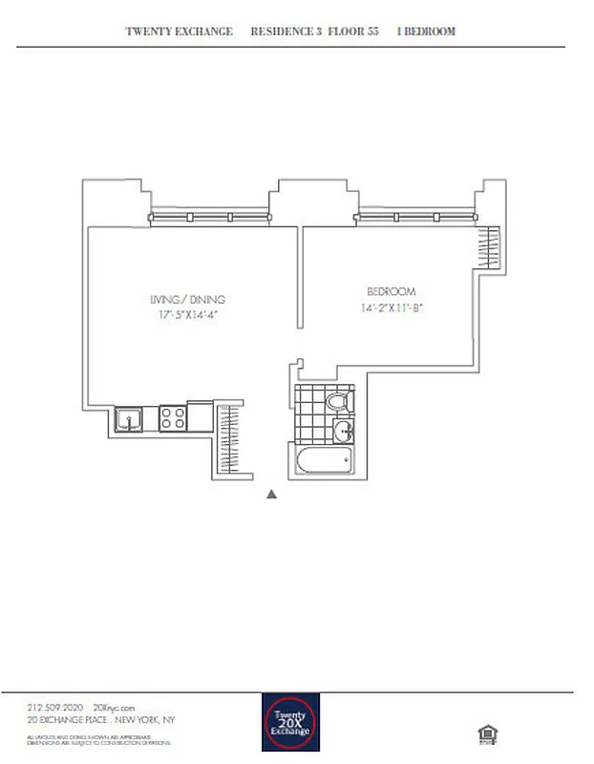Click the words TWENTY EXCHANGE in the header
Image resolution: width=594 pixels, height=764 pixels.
pyautogui.click(x=180, y=32)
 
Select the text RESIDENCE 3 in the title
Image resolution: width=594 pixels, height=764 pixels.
pyautogui.click(x=286, y=32)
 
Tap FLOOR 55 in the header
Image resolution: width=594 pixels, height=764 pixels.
pyautogui.click(x=353, y=32)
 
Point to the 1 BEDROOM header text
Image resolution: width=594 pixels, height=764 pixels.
pyautogui.click(x=426, y=32)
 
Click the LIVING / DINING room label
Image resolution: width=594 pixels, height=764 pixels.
pyautogui.click(x=193, y=299)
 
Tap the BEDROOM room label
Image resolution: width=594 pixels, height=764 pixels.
pyautogui.click(x=392, y=291)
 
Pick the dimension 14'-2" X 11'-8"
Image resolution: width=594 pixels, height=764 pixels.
pyautogui.click(x=392, y=307)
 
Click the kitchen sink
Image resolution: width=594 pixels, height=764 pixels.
pyautogui.click(x=128, y=417)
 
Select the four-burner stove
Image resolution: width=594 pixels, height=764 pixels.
pyautogui.click(x=172, y=417)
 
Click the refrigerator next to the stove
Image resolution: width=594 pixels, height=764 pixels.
pyautogui.click(x=201, y=416)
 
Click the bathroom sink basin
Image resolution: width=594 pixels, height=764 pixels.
pyautogui.click(x=343, y=433)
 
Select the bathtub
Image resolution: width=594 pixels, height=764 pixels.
pyautogui.click(x=324, y=463)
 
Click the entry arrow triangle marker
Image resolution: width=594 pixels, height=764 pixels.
pyautogui.click(x=272, y=494)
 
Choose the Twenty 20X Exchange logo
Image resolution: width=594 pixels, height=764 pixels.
pyautogui.click(x=290, y=722)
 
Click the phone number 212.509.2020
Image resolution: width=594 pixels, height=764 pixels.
pyautogui.click(x=58, y=706)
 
